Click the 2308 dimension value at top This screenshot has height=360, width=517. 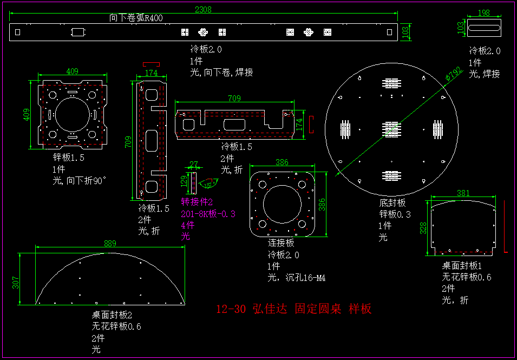click(203, 9)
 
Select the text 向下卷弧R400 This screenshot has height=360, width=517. click(136, 18)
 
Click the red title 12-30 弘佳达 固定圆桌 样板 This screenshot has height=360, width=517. click(294, 309)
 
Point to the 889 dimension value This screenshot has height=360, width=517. click(110, 244)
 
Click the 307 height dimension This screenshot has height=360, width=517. click(16, 283)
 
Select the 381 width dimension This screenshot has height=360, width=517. click(463, 193)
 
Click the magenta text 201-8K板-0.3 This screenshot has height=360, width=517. click(208, 214)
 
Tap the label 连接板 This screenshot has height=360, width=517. click(281, 243)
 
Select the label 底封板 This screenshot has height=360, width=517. click(392, 202)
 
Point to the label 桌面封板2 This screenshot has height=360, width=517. click(112, 315)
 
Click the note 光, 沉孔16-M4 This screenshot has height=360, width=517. click(296, 278)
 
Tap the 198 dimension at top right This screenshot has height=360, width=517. click(483, 12)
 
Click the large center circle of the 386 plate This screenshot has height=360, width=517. click(282, 204)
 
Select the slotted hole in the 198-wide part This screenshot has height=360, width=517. click(483, 28)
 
